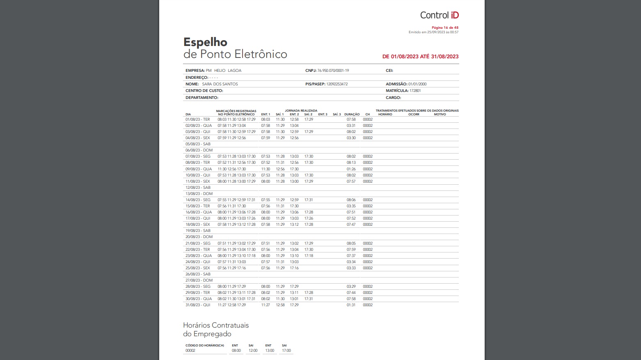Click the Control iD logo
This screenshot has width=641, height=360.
coord(439,15)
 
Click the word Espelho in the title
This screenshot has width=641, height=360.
coord(205,42)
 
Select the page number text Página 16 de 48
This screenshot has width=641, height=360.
coord(445,28)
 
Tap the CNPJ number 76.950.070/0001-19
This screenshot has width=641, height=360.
coord(333,71)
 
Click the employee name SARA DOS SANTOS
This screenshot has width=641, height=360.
coord(220,84)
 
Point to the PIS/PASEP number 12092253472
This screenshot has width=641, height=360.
coord(337,84)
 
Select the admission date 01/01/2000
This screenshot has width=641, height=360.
coord(417,84)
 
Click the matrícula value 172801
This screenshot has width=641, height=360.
coord(415,91)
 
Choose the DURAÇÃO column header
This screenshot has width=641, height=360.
coord(352,115)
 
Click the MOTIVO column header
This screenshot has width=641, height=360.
coord(440,115)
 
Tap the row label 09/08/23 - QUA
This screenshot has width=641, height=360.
coord(199,169)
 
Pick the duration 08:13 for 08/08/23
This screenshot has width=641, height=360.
coord(351,163)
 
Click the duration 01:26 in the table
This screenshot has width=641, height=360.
coord(351,169)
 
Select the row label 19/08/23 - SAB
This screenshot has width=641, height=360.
coord(198,231)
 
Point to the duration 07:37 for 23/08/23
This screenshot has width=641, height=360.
coord(351,256)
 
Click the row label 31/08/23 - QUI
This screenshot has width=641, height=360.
coord(198,305)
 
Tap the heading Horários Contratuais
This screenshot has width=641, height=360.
coord(216,325)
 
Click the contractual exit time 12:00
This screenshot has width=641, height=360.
coord(253,351)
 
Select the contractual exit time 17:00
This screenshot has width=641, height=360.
coord(286,351)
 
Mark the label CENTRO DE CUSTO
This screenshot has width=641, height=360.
coord(204,91)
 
